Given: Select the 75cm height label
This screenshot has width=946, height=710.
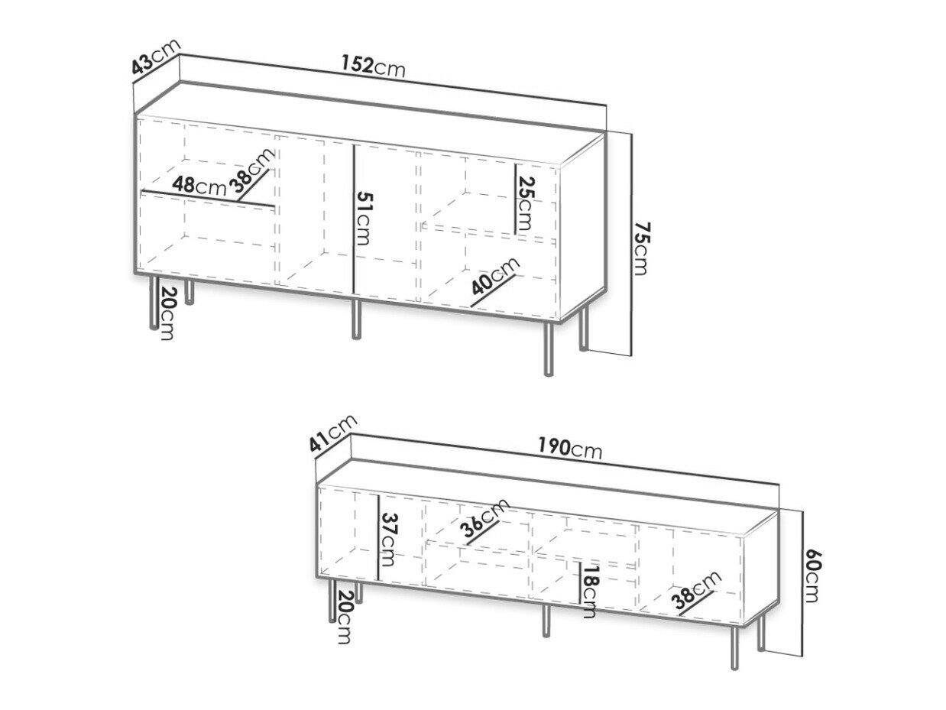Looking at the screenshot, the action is (x=641, y=248).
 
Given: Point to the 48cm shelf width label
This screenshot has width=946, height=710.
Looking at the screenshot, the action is (x=199, y=186).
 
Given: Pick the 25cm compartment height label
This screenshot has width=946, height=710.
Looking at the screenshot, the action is (x=526, y=203).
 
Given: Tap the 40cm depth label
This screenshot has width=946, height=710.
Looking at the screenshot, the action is (x=496, y=275).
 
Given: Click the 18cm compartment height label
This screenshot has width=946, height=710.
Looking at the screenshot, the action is (x=588, y=592).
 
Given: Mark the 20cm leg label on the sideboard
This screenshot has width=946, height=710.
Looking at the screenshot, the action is (x=167, y=313).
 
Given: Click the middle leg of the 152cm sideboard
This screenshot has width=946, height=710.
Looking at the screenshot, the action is (x=355, y=319).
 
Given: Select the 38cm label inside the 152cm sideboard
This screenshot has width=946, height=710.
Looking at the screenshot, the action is (x=251, y=170).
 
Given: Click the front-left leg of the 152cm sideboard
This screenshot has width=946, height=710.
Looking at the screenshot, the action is (x=153, y=303).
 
